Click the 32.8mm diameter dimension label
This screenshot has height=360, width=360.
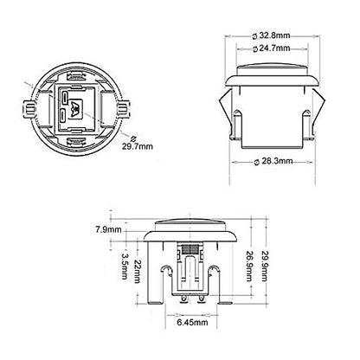pos(271,35)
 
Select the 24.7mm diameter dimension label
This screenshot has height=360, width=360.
pos(271,48)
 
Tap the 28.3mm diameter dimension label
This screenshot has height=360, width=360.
pos(273,161)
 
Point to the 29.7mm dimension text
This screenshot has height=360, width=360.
pos(138,146)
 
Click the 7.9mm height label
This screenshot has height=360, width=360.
pos(108,230)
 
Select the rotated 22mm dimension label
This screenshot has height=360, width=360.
pos(138,272)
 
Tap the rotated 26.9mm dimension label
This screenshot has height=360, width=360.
pos(249,266)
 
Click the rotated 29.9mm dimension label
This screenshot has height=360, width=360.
pos(265,266)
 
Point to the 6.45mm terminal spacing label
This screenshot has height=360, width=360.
pos(192,322)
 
